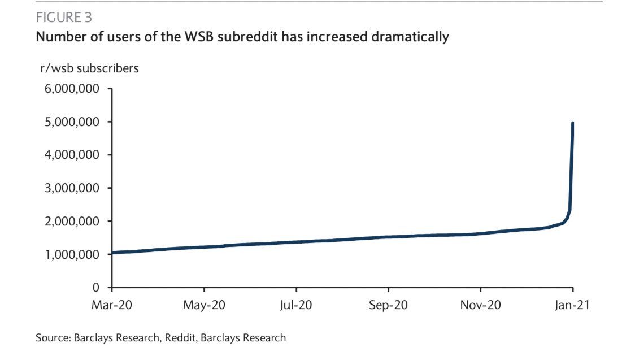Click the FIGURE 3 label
pos(64,18)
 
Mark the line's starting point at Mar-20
pos(114,253)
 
